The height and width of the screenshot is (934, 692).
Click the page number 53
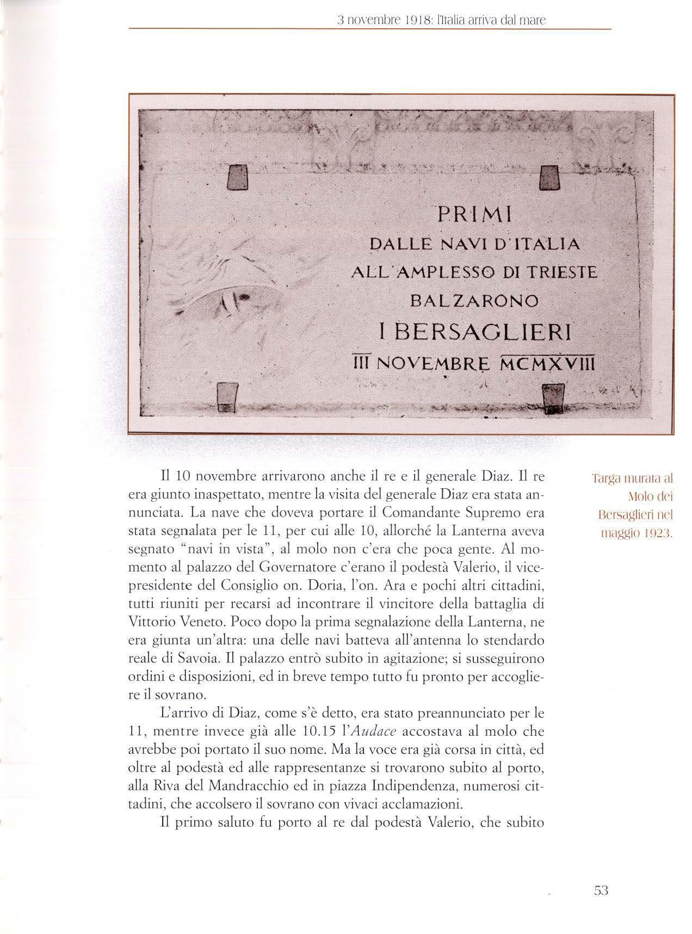[600, 891]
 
